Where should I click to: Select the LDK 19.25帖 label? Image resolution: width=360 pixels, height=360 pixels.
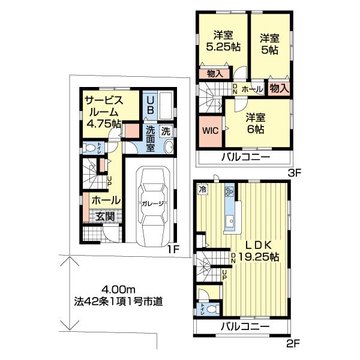click(258, 251)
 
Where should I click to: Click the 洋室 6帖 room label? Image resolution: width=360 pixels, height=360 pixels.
click(256, 123)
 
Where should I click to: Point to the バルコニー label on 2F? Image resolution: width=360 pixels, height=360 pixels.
click(243, 327)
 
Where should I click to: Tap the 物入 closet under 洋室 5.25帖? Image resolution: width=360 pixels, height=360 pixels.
click(214, 74)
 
